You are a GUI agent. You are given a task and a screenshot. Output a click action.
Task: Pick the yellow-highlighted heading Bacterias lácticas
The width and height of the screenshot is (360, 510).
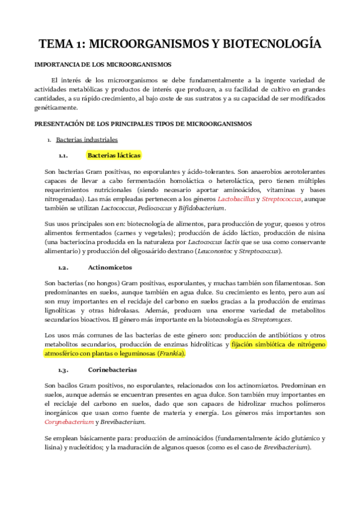pyautogui.click(x=114, y=155)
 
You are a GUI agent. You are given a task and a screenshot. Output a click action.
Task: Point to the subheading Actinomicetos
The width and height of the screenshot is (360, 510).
pyautogui.click(x=110, y=266)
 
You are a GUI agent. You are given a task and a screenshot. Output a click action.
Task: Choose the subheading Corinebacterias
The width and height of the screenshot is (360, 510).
pyautogui.click(x=113, y=369)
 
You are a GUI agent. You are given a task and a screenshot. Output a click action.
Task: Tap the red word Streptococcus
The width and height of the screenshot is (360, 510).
pyautogui.click(x=282, y=198)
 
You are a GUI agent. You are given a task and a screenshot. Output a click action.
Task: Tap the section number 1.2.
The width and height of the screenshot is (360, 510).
pyautogui.click(x=63, y=266)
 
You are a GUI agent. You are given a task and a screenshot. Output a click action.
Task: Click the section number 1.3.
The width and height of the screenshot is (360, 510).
pyautogui.click(x=63, y=369)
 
